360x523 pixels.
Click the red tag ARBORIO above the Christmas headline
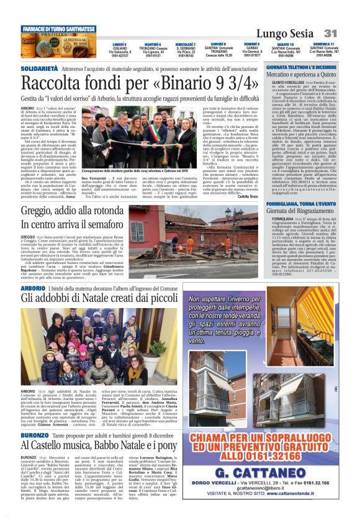[x=32, y=289]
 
